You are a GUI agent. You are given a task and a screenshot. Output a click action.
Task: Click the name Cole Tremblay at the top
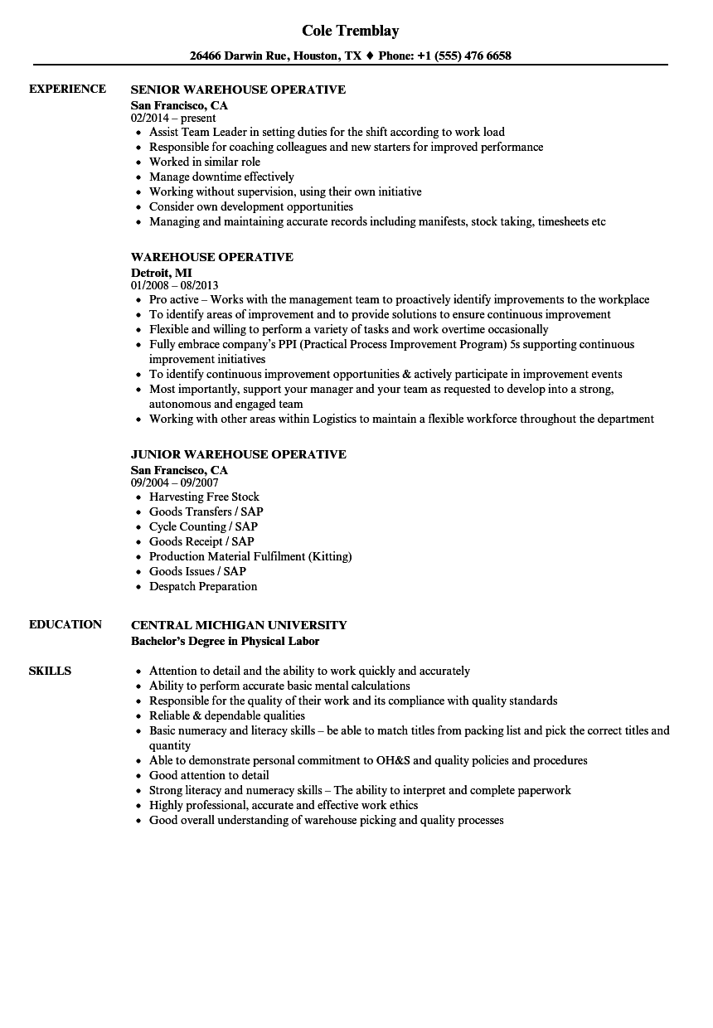pyautogui.click(x=350, y=31)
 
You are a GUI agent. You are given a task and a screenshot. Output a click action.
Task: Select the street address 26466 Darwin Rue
pyautogui.click(x=240, y=56)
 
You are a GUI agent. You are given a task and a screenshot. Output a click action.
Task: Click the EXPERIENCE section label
pyautogui.click(x=67, y=89)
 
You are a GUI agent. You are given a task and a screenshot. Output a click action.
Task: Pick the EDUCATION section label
pyautogui.click(x=65, y=624)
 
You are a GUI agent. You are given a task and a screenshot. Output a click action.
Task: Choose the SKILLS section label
pyautogui.click(x=50, y=671)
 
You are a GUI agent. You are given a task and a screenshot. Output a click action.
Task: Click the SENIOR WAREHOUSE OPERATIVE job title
pyautogui.click(x=238, y=90)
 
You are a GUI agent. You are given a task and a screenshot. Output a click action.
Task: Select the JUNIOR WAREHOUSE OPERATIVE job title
pyautogui.click(x=238, y=454)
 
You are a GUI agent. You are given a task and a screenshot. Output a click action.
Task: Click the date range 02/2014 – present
pyautogui.click(x=174, y=119)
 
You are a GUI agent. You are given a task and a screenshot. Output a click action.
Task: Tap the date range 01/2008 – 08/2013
pyautogui.click(x=175, y=286)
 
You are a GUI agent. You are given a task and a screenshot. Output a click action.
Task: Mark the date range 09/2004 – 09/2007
pyautogui.click(x=175, y=483)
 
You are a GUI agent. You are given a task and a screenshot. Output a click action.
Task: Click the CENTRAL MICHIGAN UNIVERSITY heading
pyautogui.click(x=239, y=625)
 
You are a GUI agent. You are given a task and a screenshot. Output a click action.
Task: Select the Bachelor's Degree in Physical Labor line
pyautogui.click(x=225, y=641)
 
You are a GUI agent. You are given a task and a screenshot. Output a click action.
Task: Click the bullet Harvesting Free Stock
pyautogui.click(x=204, y=497)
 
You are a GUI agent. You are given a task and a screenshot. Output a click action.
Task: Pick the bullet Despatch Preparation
pyautogui.click(x=203, y=586)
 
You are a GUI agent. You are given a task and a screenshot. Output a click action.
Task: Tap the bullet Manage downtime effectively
pyautogui.click(x=221, y=177)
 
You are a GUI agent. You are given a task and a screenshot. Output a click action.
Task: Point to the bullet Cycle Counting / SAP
pyautogui.click(x=203, y=526)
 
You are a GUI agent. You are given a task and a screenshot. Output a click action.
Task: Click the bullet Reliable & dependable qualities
pyautogui.click(x=226, y=715)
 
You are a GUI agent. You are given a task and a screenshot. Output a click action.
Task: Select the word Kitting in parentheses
pyautogui.click(x=330, y=556)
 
